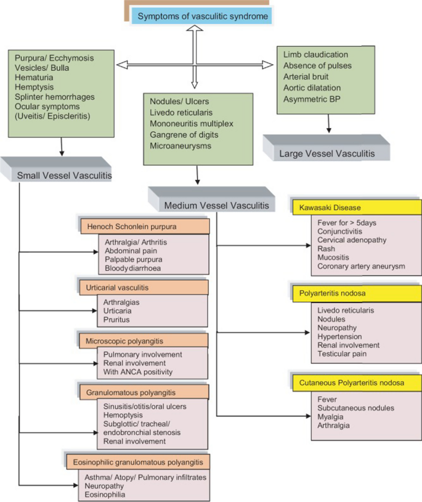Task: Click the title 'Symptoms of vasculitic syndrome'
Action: (x=203, y=16)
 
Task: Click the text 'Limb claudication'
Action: (x=315, y=55)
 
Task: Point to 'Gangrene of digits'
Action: (x=184, y=134)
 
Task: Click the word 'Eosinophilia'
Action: (x=105, y=493)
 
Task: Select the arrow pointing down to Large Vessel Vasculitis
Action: (x=328, y=125)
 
